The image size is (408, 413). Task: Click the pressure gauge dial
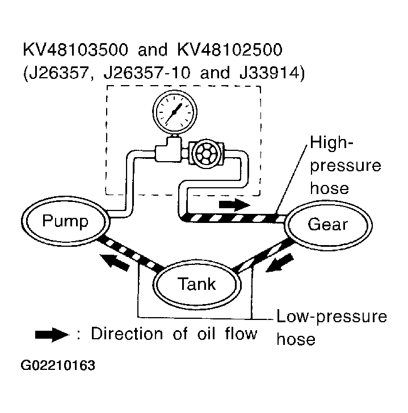175,111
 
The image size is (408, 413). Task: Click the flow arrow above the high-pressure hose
234,204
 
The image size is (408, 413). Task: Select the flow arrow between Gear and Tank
280,263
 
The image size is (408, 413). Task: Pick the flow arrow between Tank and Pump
115,262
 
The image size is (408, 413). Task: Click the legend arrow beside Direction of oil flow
52,335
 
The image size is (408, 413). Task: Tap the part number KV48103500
76,49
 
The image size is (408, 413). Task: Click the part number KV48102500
230,49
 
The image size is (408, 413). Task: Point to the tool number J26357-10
146,73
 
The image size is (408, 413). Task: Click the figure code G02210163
58,365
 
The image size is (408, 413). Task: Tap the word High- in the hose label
331,142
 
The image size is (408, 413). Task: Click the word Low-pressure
331,317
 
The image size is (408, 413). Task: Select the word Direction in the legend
127,334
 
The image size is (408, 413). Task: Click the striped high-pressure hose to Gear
232,218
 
